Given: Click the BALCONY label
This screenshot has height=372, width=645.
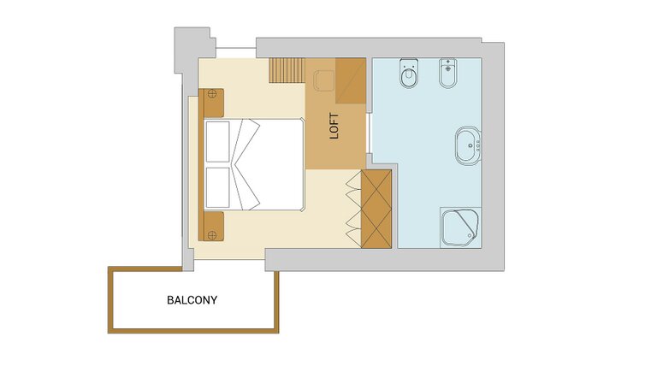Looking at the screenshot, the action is [192, 300].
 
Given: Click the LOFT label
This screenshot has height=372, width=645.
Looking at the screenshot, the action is [334, 126].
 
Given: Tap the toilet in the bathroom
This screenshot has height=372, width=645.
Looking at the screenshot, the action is [409, 74].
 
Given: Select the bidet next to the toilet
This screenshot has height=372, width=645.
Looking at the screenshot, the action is [447, 74].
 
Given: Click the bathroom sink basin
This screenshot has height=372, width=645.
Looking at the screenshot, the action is [468, 145].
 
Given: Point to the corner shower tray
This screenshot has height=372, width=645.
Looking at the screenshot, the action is [460, 227].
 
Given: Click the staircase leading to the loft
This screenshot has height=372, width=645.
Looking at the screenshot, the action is [287, 70].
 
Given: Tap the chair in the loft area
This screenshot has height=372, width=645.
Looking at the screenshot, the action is [324, 81].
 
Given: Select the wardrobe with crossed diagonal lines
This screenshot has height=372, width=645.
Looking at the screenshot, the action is [376, 209].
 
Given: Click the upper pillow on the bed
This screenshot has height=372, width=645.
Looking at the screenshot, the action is [217, 142].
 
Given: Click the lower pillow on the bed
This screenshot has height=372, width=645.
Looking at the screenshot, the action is [217, 187].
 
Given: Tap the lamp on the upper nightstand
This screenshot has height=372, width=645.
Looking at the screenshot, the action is [212, 94].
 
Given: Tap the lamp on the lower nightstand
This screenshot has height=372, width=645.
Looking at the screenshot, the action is [212, 235].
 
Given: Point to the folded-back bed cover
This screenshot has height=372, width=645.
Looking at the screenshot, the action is [246, 164].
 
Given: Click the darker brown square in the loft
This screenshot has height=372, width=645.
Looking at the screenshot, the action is [351, 80].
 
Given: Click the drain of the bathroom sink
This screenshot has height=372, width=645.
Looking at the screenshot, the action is [470, 145].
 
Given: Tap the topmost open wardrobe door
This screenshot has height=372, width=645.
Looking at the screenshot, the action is [354, 180].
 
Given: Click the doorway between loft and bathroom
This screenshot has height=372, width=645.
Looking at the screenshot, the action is [369, 133].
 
